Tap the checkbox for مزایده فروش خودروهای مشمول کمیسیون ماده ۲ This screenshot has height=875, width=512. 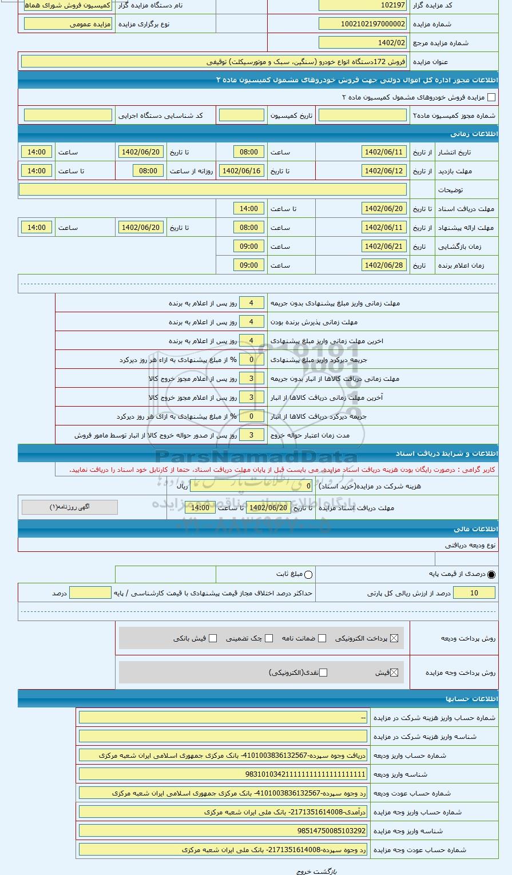(491, 97)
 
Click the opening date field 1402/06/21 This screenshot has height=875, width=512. (384, 246)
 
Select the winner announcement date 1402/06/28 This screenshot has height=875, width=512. (384, 265)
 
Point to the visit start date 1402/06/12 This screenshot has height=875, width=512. (384, 171)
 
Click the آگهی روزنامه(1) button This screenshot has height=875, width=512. (69, 507)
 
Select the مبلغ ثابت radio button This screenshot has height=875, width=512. (309, 574)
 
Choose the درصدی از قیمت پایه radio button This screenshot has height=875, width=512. (491, 574)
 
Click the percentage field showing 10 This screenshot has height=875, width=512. (474, 593)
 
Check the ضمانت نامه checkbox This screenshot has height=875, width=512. (323, 638)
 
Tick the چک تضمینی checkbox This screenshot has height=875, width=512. (269, 638)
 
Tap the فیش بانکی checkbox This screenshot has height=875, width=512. (213, 638)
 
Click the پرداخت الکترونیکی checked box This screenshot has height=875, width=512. (394, 638)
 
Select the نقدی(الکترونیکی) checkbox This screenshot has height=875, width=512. (323, 673)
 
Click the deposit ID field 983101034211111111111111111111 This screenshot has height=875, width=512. (223, 774)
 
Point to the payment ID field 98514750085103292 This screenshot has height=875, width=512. (223, 831)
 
